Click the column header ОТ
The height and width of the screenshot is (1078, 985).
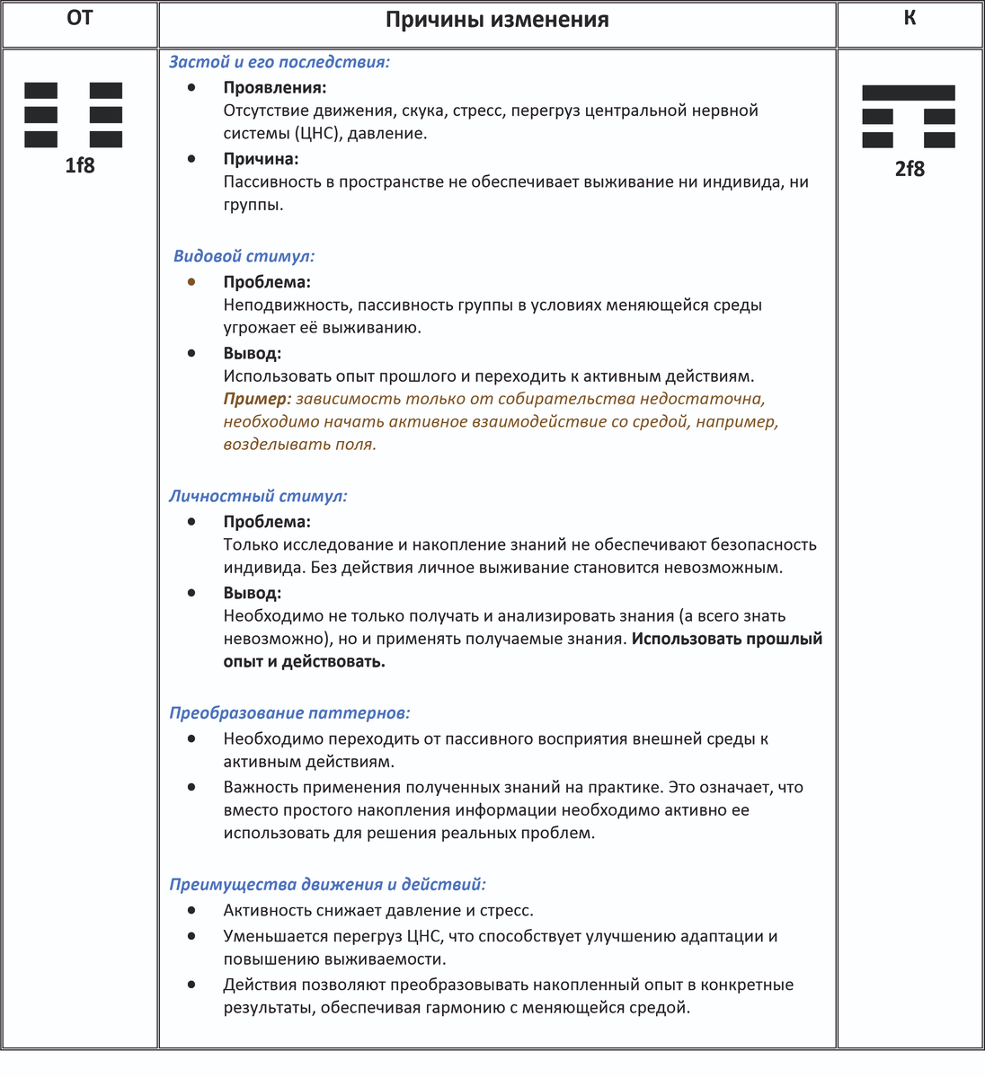79,18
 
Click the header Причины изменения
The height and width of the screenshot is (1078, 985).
497,20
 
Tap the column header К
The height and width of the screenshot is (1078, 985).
910,18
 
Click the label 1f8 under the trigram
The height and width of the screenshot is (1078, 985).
79,165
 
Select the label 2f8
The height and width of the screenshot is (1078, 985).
910,169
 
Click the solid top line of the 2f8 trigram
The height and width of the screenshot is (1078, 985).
908,93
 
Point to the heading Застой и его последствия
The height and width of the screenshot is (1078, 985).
279,62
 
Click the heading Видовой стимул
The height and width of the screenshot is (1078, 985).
244,256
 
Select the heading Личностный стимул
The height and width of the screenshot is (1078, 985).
258,496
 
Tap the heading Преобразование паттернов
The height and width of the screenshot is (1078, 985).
289,712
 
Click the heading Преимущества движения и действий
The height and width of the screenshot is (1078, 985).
327,884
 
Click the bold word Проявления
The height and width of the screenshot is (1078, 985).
274,88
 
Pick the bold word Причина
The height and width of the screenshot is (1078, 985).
261,159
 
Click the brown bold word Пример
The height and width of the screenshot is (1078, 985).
257,399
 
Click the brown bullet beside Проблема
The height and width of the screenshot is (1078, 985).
191,282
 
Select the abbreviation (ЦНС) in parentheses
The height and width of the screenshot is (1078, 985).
318,133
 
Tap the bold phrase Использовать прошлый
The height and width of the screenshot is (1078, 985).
727,639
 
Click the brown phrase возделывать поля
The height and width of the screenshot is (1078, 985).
299,444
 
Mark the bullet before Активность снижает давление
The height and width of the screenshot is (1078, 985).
191,910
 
